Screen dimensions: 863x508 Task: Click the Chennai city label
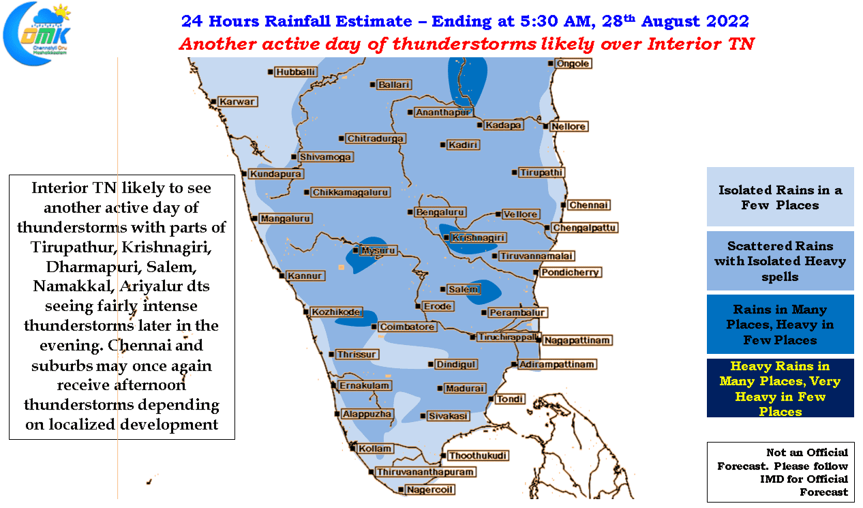588,205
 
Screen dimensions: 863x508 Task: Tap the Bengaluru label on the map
440,212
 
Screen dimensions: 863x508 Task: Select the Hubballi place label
295,72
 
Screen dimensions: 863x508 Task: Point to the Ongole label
573,63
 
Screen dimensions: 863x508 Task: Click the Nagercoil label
429,490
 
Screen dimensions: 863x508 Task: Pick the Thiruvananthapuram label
425,472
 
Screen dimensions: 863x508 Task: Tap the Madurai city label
465,389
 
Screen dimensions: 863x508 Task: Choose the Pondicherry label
570,273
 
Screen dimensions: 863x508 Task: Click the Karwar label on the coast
237,102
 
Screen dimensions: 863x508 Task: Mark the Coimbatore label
407,327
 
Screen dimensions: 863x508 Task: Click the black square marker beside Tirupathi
515,173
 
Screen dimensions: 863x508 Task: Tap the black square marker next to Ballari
373,85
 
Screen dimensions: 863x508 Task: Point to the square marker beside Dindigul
431,364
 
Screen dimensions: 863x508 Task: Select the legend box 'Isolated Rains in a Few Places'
780,196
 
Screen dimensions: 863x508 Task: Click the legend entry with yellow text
780,388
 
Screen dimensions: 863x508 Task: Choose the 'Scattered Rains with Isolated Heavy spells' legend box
780,260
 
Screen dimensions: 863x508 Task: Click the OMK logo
37,33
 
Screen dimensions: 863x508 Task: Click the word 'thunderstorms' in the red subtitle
464,44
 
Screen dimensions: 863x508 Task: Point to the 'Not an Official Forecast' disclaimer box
781,472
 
